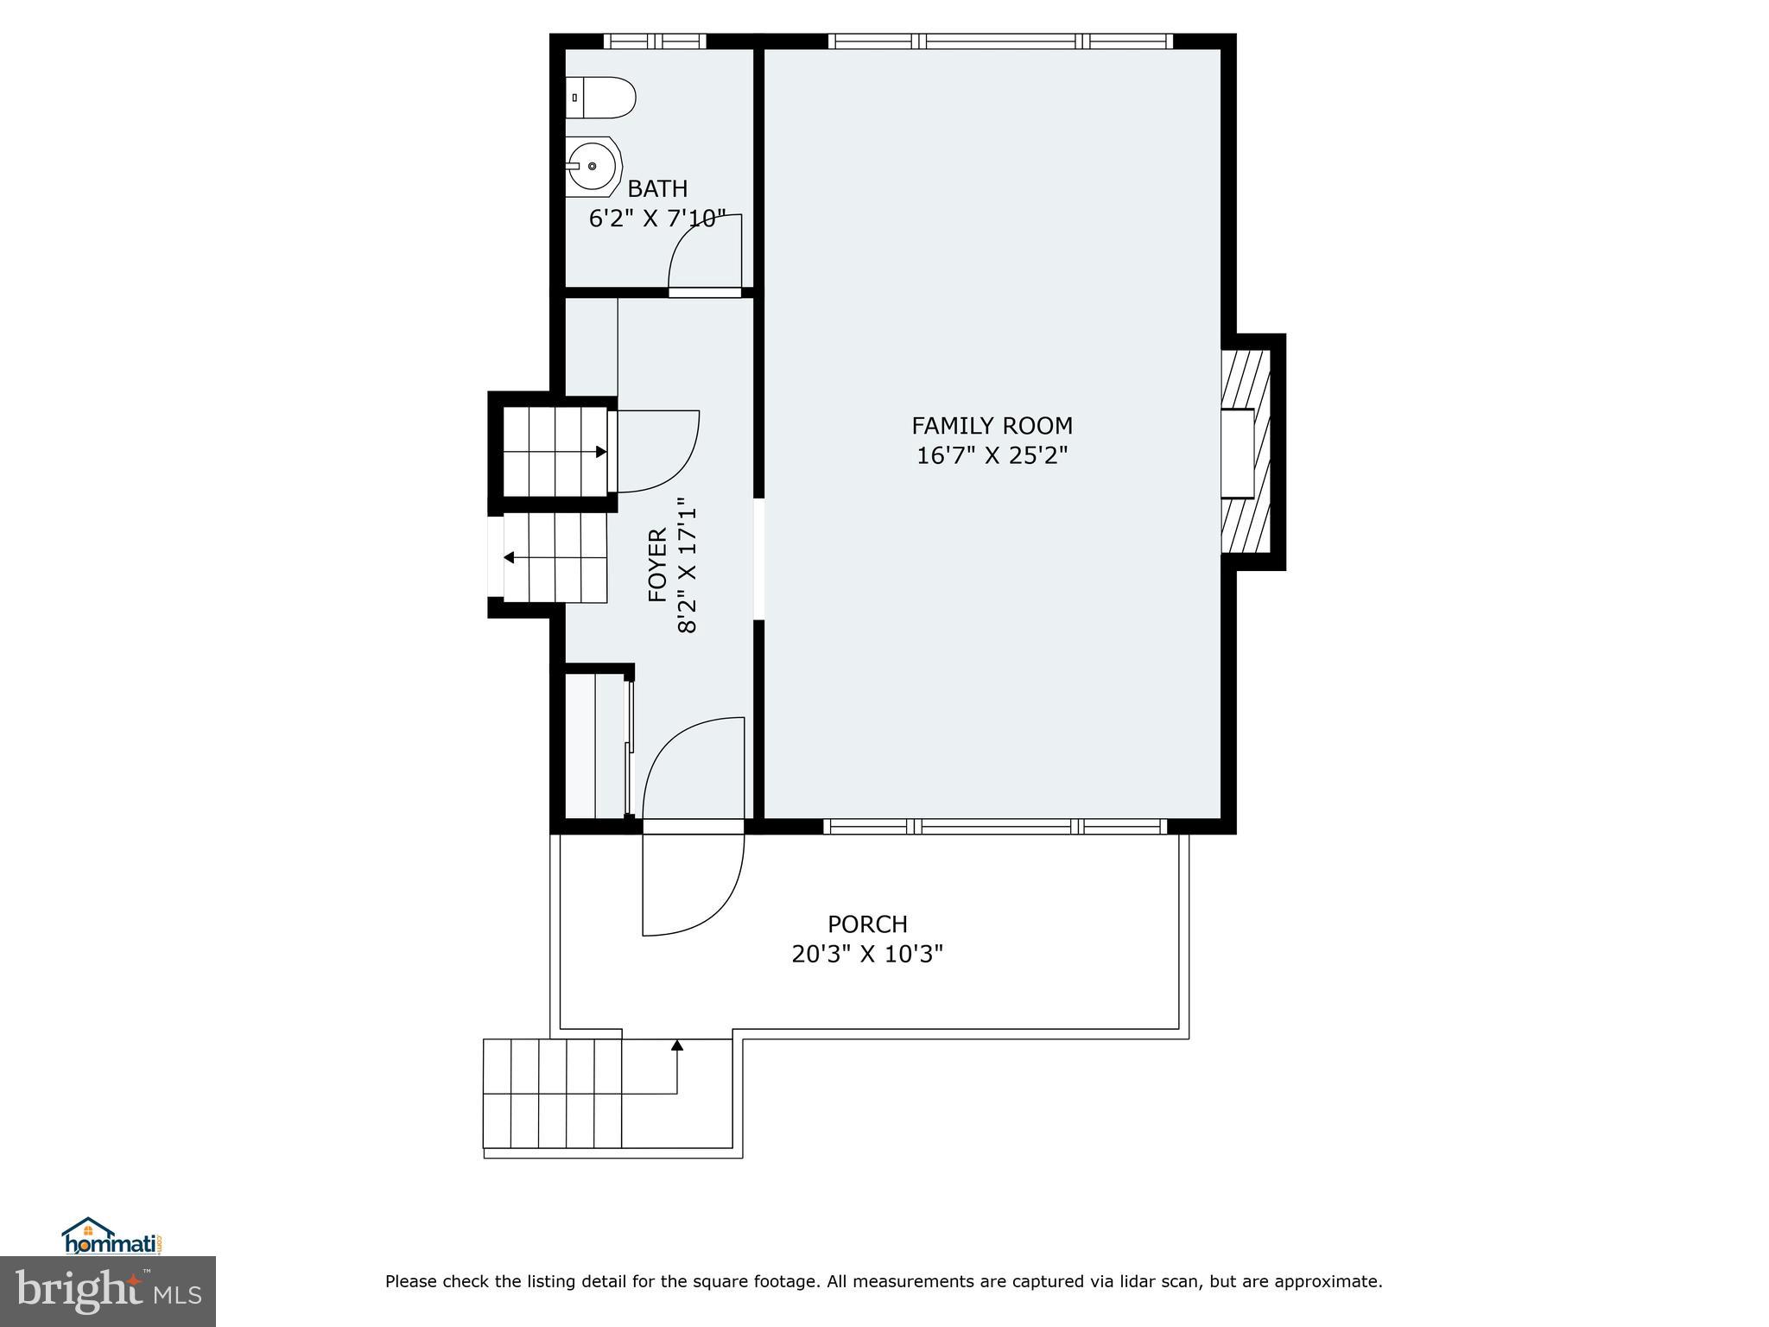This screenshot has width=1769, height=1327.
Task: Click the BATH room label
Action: click(x=657, y=188)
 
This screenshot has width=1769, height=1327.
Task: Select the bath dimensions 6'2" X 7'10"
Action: click(x=656, y=219)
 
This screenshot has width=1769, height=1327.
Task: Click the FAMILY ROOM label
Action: click(x=992, y=425)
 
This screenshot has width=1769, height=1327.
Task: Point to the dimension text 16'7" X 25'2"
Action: click(x=992, y=455)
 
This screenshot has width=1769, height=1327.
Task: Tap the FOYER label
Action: click(x=657, y=565)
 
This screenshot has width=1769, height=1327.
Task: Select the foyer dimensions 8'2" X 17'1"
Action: click(x=687, y=565)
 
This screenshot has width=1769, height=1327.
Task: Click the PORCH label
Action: click(x=867, y=924)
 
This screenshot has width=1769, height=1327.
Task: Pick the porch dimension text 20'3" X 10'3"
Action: click(x=867, y=955)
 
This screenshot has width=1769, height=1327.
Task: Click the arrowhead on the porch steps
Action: click(x=677, y=1044)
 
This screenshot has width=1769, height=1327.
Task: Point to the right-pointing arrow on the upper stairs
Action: click(x=600, y=452)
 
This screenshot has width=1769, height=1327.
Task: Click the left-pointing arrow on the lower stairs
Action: click(x=509, y=557)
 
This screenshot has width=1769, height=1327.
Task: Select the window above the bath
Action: click(x=654, y=41)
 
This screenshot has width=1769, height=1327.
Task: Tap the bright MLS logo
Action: click(x=108, y=1292)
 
